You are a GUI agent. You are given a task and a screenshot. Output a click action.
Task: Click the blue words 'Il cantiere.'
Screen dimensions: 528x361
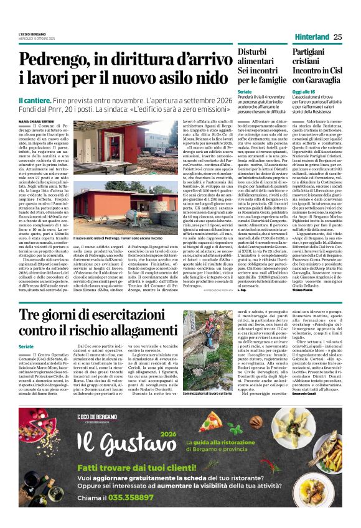tap(36, 100)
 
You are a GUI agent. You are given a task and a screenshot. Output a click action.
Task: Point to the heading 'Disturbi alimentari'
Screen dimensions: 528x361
tap(257, 56)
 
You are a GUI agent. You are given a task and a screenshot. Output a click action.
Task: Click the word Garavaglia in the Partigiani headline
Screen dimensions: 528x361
tap(322, 79)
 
